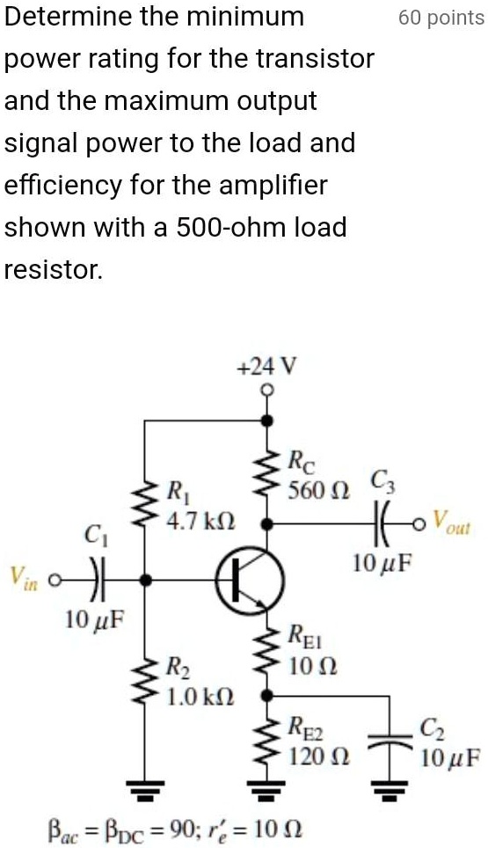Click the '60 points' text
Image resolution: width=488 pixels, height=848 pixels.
(x=441, y=18)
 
